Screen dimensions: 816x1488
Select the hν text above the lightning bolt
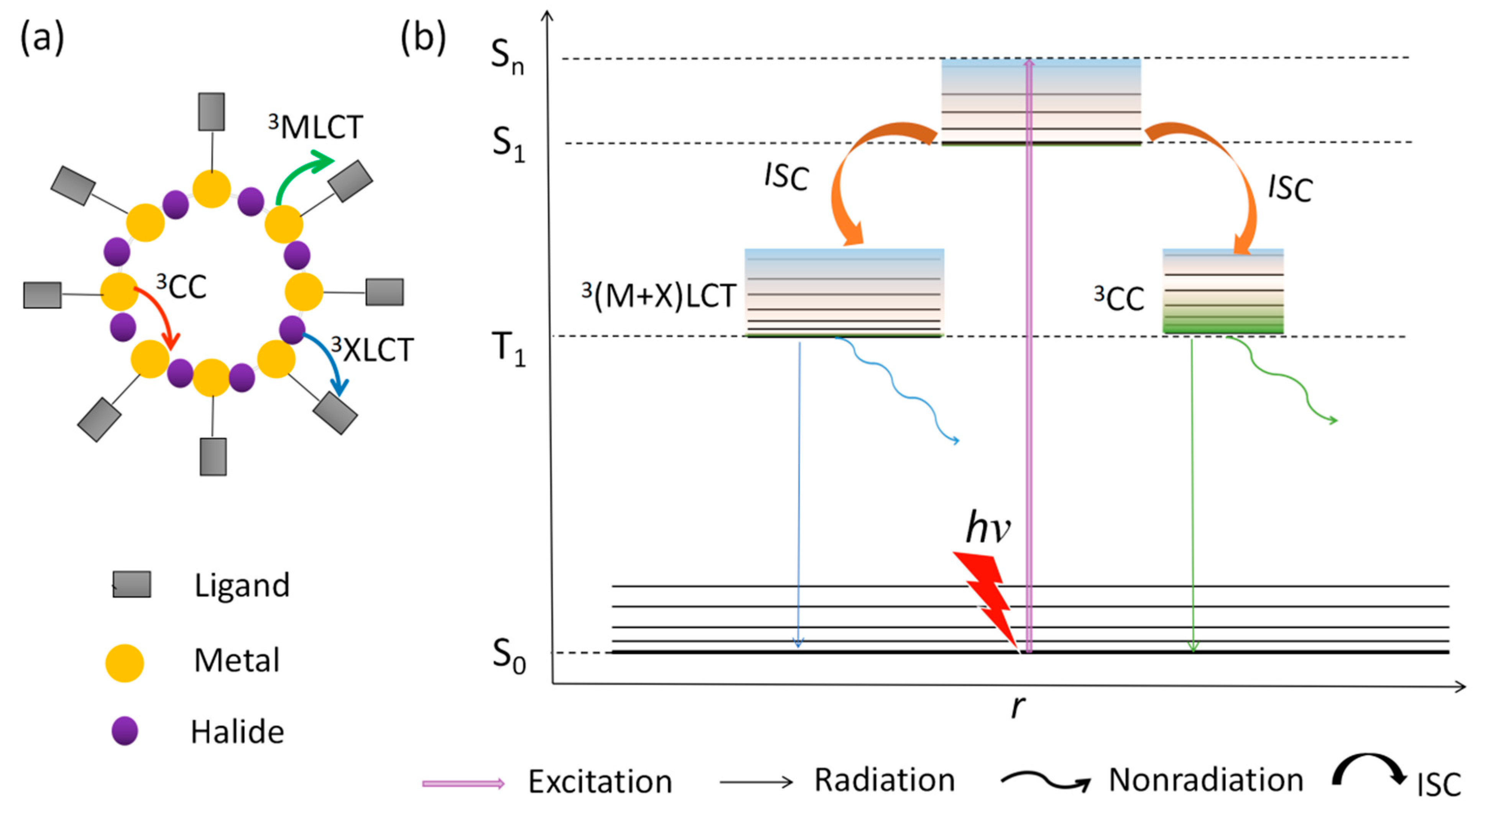pos(988,527)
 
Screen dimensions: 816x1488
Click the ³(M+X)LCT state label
pos(659,296)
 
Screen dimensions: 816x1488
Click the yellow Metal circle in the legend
pos(124,663)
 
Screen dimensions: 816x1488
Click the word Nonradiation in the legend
pos(1205,780)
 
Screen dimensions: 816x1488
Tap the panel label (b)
pos(423,38)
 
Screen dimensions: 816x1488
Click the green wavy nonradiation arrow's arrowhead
pos(1332,420)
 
